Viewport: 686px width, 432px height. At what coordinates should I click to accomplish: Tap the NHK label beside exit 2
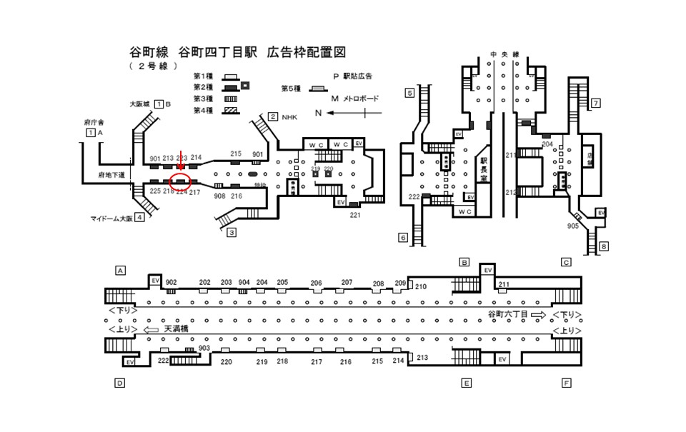(289, 116)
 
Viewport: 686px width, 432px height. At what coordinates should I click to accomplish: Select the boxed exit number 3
(231, 232)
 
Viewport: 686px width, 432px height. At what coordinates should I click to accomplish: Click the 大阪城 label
(140, 104)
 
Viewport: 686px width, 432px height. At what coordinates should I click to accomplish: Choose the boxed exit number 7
(595, 103)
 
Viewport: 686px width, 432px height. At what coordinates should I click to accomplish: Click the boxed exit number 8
(604, 247)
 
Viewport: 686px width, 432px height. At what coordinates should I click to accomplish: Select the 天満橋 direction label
(175, 329)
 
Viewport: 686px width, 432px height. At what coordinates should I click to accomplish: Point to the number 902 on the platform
(171, 283)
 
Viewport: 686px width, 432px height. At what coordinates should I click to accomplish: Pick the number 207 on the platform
(347, 283)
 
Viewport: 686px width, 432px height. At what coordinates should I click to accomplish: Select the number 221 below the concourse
(356, 215)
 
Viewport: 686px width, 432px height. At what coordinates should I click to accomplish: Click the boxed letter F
(567, 383)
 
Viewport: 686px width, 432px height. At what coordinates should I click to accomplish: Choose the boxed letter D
(120, 383)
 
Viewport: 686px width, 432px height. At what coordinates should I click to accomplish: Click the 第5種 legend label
(290, 89)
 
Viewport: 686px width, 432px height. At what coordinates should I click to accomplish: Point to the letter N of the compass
(319, 113)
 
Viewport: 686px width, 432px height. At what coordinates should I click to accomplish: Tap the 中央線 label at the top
(504, 54)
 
